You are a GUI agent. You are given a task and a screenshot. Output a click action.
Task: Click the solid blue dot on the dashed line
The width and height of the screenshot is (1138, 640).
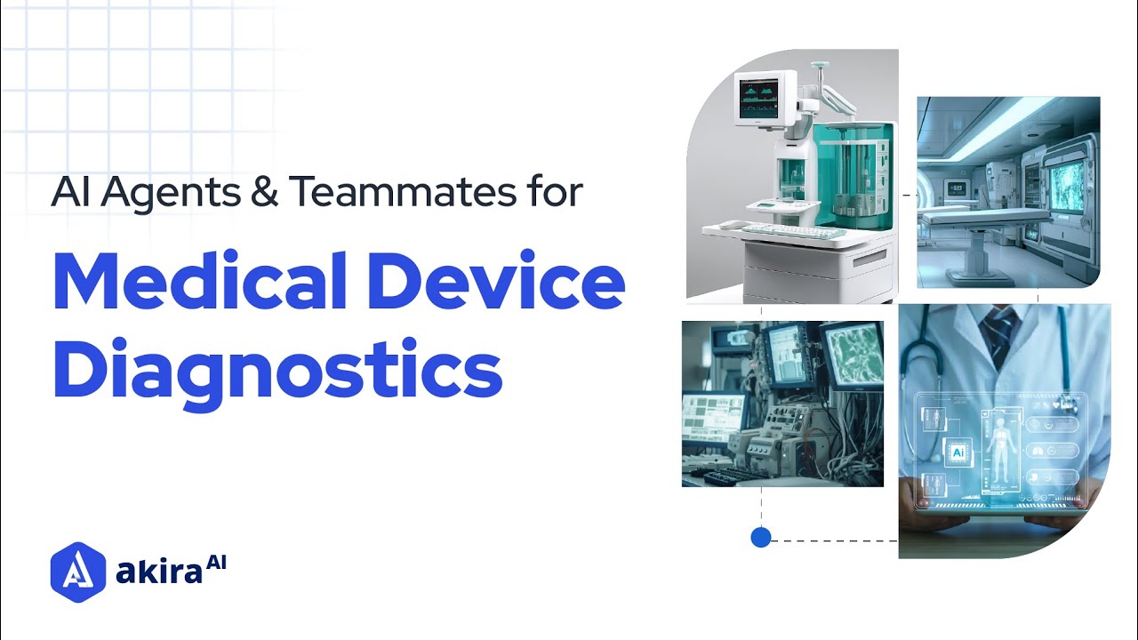[761, 537]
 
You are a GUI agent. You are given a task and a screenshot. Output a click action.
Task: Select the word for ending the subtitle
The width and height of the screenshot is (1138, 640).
[551, 193]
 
